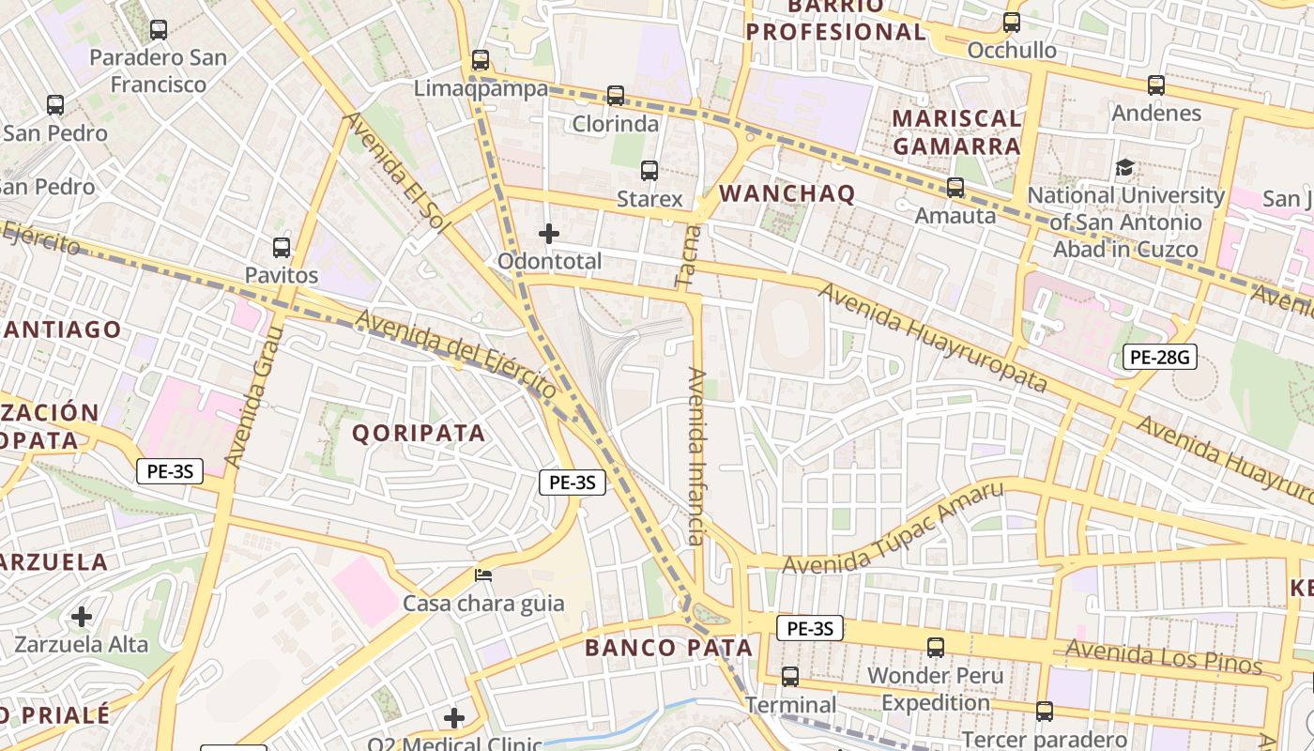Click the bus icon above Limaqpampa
pos(481,60)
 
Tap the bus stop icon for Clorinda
pos(616,95)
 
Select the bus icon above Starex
pos(649,171)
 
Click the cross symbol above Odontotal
pos(549,233)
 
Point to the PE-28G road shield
pos(1160,357)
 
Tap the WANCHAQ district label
pos(787,194)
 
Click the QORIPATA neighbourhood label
pos(419,433)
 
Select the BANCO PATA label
pos(668,648)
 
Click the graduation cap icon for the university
pos(1124,168)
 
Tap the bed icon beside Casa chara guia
pos(483,575)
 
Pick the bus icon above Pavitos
pos(282,248)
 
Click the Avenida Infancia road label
pos(696,456)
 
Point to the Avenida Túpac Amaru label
pos(893,529)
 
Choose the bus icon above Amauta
pos(955,188)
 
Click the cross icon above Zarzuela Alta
pos(82,617)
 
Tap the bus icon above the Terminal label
pos(790,677)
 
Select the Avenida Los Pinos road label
pos(1163,656)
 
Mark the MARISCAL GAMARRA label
pos(956,132)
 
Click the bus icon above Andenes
pos(1156,85)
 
